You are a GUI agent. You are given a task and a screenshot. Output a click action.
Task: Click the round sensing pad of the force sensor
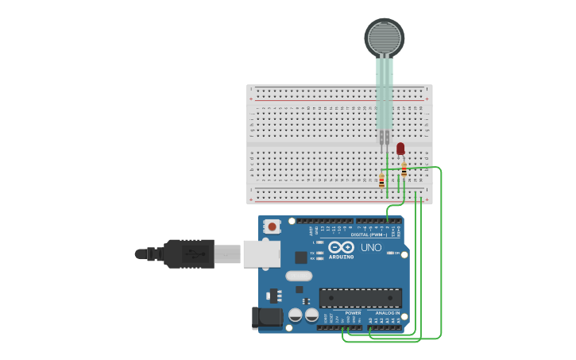pyautogui.click(x=385, y=37)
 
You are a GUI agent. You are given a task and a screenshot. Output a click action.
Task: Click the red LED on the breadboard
pyautogui.click(x=400, y=149)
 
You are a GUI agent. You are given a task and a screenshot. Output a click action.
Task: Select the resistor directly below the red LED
pyautogui.click(x=404, y=169)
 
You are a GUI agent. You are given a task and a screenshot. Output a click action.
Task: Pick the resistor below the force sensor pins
pyautogui.click(x=381, y=180)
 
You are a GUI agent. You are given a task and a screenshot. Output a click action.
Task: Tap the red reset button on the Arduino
pyautogui.click(x=273, y=226)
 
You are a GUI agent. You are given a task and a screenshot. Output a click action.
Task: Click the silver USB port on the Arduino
pyautogui.click(x=261, y=254)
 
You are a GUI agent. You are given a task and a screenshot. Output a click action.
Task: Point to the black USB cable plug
pyautogui.click(x=188, y=254)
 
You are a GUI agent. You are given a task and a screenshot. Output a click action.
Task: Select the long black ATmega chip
pyautogui.click(x=360, y=298)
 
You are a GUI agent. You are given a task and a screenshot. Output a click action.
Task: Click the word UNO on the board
pyautogui.click(x=372, y=247)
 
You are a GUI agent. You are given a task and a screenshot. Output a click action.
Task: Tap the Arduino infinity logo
pyautogui.click(x=342, y=247)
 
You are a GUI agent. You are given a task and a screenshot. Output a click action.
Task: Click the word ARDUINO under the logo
pyautogui.click(x=342, y=257)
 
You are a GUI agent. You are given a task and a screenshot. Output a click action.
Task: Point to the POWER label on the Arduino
pyautogui.click(x=353, y=313)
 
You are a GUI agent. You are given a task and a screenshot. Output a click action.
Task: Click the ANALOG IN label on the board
pyautogui.click(x=388, y=313)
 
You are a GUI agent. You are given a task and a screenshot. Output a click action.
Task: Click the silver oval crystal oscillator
pyautogui.click(x=299, y=276)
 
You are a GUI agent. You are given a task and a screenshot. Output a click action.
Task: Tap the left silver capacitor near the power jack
pyautogui.click(x=296, y=315)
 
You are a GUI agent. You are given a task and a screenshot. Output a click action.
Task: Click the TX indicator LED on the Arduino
pyautogui.click(x=319, y=253)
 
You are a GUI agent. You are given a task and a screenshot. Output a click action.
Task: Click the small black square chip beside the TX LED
pyautogui.click(x=301, y=257)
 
